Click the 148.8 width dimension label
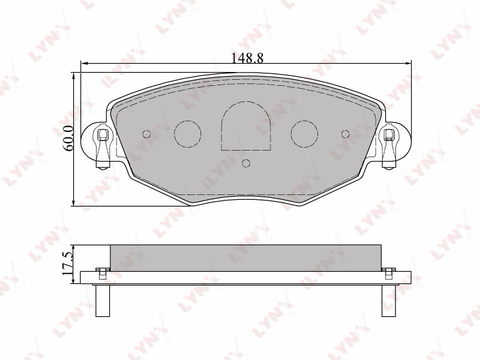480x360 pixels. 247,58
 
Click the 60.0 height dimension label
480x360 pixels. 68,138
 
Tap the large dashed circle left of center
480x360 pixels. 188,134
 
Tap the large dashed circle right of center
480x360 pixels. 305,134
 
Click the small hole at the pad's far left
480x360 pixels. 147,134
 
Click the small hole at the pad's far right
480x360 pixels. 346,134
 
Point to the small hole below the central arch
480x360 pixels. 246,163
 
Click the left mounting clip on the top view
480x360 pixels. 102,148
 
